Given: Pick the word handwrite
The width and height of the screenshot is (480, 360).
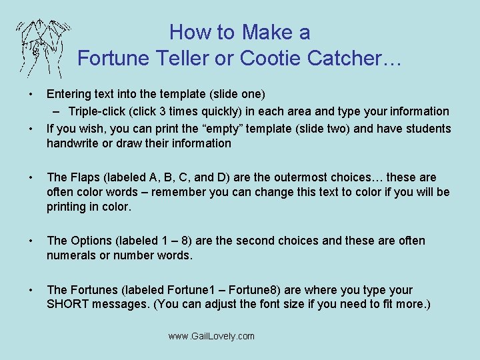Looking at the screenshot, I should click(x=72, y=143).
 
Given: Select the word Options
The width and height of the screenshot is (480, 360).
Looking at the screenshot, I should click(x=92, y=241).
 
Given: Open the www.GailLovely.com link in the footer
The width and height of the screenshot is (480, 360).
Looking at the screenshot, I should click(x=211, y=336).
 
